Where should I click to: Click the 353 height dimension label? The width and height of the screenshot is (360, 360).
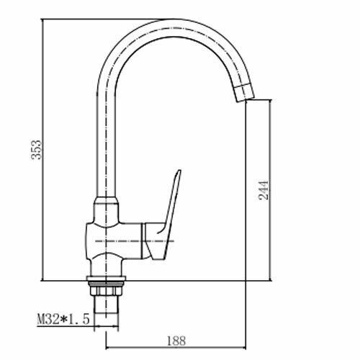pyautogui.click(x=37, y=150)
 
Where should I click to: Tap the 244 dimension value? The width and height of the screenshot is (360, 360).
pyautogui.click(x=264, y=190)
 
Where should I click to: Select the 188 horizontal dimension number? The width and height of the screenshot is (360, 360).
pyautogui.click(x=176, y=341)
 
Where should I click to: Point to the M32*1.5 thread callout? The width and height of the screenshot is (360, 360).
pyautogui.click(x=63, y=320)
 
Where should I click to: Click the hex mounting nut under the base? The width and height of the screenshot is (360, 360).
pyautogui.click(x=105, y=291)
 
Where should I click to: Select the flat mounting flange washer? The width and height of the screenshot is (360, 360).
pyautogui.click(x=106, y=279)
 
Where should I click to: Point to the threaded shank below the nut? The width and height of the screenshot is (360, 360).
pyautogui.click(x=106, y=305)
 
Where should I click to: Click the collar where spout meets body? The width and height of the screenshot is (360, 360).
pyautogui.click(x=107, y=200)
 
